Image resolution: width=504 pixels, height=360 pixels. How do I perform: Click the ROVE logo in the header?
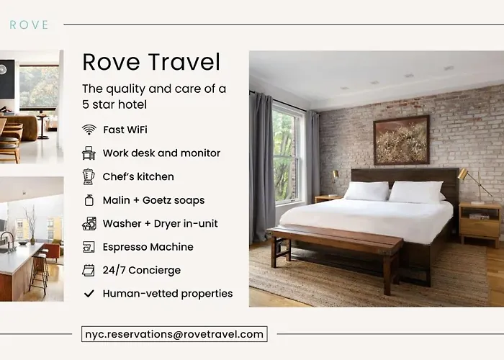[29, 24]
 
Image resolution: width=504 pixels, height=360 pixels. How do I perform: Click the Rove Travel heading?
[151, 62]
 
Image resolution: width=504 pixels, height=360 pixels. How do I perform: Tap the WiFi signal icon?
[89, 130]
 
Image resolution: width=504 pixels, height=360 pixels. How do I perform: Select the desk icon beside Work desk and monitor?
[89, 153]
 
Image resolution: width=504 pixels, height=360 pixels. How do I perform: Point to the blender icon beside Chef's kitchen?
[89, 177]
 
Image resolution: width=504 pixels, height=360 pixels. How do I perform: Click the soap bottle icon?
[89, 200]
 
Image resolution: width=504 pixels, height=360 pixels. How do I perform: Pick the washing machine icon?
[89, 224]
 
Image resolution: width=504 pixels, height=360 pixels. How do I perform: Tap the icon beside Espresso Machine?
[89, 247]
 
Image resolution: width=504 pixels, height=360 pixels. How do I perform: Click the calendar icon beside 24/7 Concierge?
[89, 270]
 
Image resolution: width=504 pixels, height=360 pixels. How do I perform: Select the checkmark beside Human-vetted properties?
[89, 294]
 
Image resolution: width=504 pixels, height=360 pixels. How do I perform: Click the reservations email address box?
[174, 334]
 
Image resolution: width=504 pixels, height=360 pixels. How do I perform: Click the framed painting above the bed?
[402, 140]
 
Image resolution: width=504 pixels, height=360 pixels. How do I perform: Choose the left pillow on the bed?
[366, 191]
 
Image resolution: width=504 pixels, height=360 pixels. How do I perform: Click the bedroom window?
[288, 153]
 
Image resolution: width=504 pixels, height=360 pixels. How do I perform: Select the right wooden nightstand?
[480, 223]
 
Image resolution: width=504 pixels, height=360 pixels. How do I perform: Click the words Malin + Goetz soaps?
[153, 200]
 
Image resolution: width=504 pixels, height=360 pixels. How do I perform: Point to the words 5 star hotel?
[114, 104]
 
